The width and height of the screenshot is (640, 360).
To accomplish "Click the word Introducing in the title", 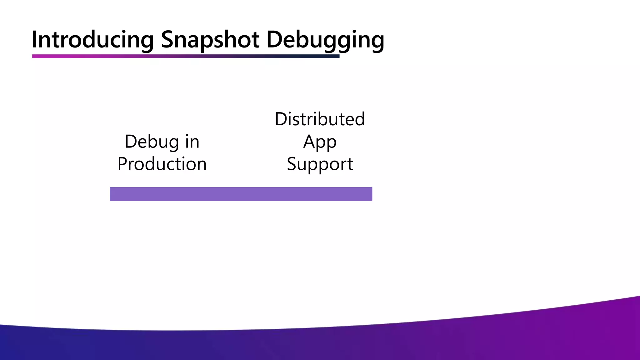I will pyautogui.click(x=92, y=40).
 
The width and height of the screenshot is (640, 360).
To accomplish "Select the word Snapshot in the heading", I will pyautogui.click(x=210, y=40).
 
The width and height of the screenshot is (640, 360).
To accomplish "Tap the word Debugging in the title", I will pyautogui.click(x=325, y=40).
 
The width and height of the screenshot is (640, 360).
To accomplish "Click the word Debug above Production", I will pyautogui.click(x=152, y=142).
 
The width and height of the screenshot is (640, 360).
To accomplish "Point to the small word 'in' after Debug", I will pyautogui.click(x=192, y=142).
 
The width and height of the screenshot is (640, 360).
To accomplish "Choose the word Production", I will pyautogui.click(x=162, y=164).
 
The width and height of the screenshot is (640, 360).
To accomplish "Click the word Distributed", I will pyautogui.click(x=320, y=119).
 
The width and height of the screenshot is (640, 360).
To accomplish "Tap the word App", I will pyautogui.click(x=320, y=142).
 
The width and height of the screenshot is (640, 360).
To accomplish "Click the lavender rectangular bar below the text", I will pyautogui.click(x=241, y=194).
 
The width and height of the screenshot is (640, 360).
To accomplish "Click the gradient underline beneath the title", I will pyautogui.click(x=186, y=56).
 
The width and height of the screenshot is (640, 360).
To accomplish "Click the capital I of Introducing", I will pyautogui.click(x=34, y=40).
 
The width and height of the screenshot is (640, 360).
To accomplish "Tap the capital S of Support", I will pyautogui.click(x=292, y=164).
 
